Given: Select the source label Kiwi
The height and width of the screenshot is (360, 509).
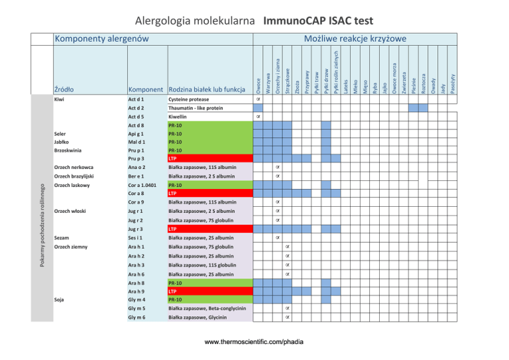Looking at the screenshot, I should pyautogui.click(x=59, y=99).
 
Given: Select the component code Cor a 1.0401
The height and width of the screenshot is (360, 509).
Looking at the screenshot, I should pyautogui.click(x=144, y=185).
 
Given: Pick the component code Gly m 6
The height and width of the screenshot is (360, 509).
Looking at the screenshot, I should pyautogui.click(x=137, y=318).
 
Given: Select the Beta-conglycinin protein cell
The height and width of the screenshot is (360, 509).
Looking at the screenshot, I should pyautogui.click(x=207, y=308).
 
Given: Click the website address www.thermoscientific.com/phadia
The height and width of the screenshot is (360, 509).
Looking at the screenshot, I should pyautogui.click(x=254, y=343).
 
